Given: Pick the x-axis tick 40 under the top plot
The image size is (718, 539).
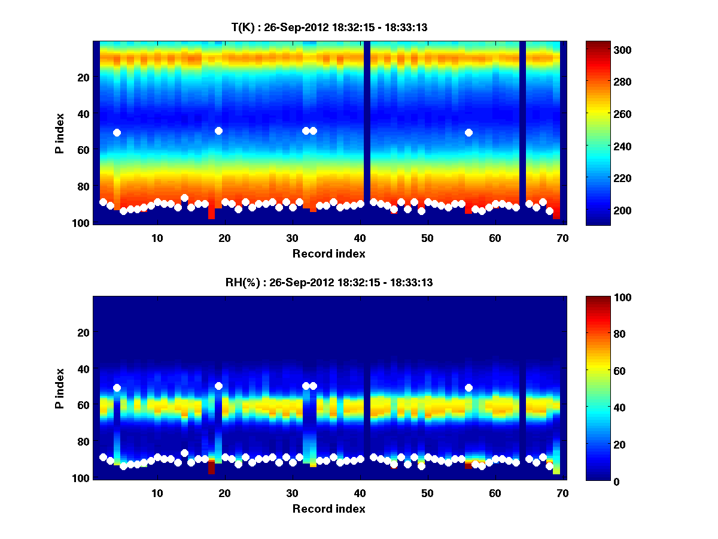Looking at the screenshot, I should [x=360, y=237].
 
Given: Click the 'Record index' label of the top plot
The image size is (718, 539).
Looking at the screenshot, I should [x=328, y=253].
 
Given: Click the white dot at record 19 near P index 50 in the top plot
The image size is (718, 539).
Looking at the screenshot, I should [x=218, y=131].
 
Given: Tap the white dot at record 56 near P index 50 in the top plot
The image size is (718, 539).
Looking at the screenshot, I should [x=468, y=132].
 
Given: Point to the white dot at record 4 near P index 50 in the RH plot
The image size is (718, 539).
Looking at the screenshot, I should [x=117, y=387].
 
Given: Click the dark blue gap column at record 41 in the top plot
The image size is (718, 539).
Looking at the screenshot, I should [x=367, y=132].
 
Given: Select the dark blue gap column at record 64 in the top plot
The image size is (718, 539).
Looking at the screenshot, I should [x=522, y=132].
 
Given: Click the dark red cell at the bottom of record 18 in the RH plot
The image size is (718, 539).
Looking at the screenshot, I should [x=211, y=467].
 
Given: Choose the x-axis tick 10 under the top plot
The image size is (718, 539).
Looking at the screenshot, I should [x=157, y=237].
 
